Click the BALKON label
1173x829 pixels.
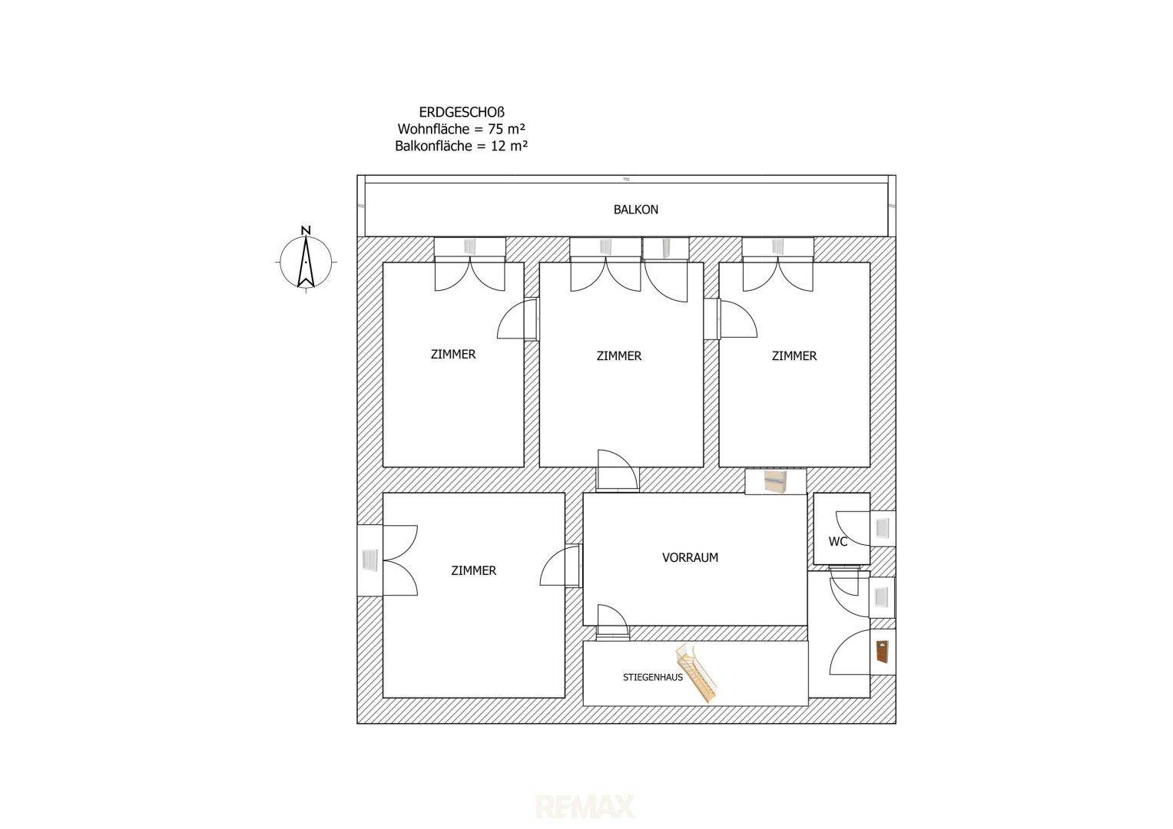636,210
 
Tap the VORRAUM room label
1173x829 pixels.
690,558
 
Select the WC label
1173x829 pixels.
838,542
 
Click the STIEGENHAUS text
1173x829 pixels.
652,677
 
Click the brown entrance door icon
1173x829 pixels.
883,652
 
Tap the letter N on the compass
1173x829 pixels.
306,230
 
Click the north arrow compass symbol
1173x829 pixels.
306,262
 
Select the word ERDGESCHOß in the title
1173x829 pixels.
462,113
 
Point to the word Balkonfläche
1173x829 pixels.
433,147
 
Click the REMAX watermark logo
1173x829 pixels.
585,807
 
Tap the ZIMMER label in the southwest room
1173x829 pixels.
473,571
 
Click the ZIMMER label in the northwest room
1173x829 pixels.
453,355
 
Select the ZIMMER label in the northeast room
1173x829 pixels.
794,356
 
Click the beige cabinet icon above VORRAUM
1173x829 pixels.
776,481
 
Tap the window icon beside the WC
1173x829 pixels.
883,528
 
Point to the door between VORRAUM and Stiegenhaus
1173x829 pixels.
613,623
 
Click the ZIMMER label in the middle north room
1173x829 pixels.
618,356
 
